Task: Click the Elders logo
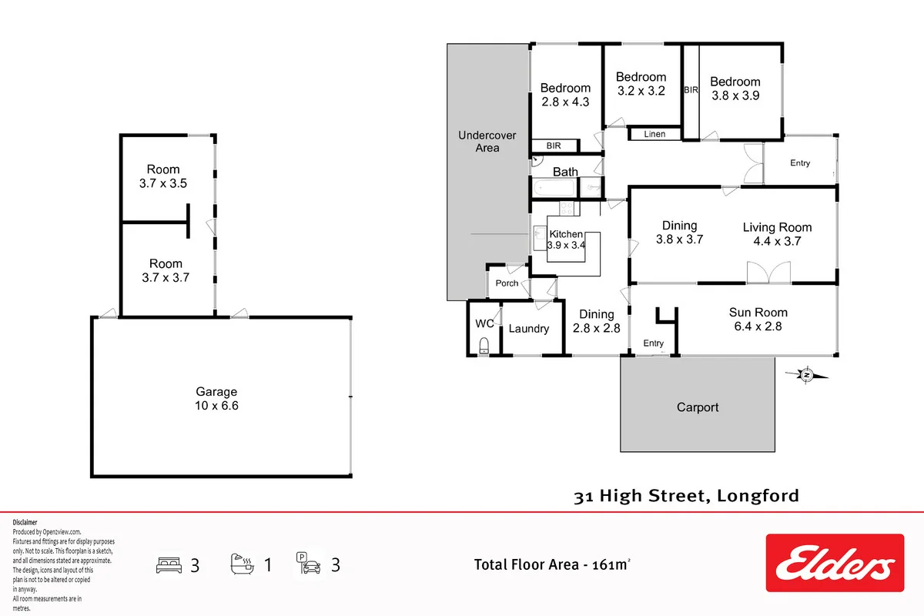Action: (x=835, y=563)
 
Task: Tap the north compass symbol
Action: (x=807, y=375)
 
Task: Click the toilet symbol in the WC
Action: (x=484, y=346)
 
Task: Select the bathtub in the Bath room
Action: (x=554, y=188)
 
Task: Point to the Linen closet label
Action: (x=654, y=134)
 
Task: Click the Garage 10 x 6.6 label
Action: (x=216, y=399)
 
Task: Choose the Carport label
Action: (x=698, y=407)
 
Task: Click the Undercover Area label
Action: (x=487, y=142)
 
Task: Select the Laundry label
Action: (x=529, y=329)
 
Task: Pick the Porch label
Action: (x=507, y=283)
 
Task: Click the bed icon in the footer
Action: (x=169, y=565)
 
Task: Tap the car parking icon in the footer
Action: (x=308, y=563)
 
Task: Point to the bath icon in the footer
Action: (x=242, y=564)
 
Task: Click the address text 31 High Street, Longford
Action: (x=686, y=496)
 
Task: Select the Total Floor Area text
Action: (x=552, y=564)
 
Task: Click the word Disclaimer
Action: (x=25, y=522)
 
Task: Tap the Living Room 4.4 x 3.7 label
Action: (x=777, y=234)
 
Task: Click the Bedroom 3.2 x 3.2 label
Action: (x=641, y=84)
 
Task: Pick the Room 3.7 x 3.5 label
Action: (x=163, y=176)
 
